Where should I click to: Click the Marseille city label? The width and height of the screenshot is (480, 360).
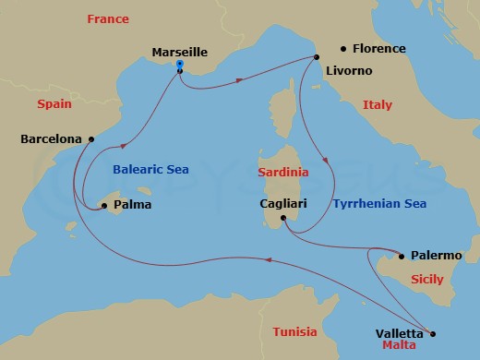click(x=181, y=53)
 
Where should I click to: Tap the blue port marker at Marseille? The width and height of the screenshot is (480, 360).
click(x=179, y=66)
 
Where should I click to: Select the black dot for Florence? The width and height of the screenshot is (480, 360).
click(x=342, y=47)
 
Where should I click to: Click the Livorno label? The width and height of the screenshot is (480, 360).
click(x=350, y=70)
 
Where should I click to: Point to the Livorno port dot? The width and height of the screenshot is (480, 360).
click(x=316, y=57)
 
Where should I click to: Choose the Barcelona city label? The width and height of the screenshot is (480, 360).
click(x=50, y=139)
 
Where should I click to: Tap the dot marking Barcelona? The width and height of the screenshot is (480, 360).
click(x=90, y=139)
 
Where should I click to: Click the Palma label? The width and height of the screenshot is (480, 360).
click(x=132, y=205)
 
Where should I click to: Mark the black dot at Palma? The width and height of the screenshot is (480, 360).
click(x=104, y=205)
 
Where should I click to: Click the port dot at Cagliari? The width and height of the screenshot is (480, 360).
click(x=284, y=219)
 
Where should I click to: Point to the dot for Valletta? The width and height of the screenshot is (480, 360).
click(x=434, y=334)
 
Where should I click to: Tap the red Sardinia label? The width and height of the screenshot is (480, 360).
click(x=282, y=172)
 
